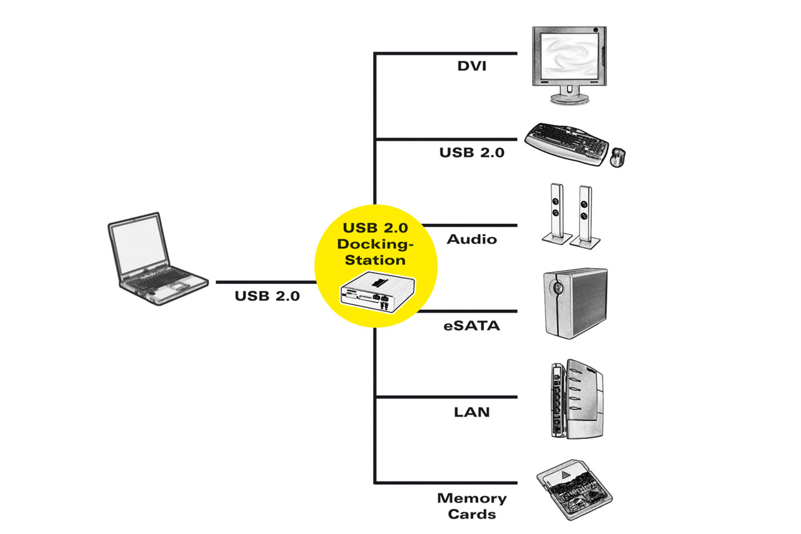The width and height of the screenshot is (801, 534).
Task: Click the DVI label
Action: click(472, 66)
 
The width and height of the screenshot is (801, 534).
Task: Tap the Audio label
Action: click(471, 239)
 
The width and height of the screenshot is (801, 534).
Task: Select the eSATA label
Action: click(471, 326)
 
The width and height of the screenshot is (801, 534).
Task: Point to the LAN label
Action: click(471, 412)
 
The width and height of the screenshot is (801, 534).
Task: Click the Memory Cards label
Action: click(471, 506)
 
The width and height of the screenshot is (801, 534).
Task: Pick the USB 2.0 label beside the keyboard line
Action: click(471, 153)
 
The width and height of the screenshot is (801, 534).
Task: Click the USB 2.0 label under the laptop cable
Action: click(267, 296)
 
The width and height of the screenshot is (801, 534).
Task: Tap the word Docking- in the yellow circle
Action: click(375, 244)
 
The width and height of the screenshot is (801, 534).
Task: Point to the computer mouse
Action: click(617, 157)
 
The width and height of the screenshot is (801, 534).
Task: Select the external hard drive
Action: click(574, 303)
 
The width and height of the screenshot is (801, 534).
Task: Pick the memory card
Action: click(574, 490)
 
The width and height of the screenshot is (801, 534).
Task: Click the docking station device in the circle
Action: click(378, 292)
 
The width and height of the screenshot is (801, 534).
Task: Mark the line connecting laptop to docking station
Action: click(266, 282)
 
